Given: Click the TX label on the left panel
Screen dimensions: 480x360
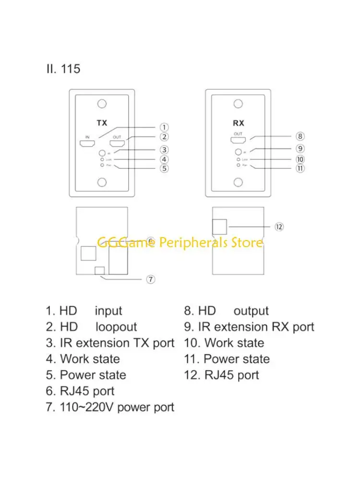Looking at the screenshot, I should pyautogui.click(x=101, y=123).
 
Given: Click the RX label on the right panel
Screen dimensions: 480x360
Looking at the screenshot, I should pyautogui.click(x=239, y=123).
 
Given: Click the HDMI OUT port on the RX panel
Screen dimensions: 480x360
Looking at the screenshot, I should pyautogui.click(x=239, y=141).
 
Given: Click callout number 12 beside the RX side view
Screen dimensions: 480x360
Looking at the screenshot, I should pyautogui.click(x=279, y=227).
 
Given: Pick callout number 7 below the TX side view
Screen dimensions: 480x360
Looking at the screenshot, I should pyautogui.click(x=150, y=279).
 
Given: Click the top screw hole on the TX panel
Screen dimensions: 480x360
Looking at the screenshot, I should pyautogui.click(x=101, y=104).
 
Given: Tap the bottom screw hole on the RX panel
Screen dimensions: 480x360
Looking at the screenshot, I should pyautogui.click(x=239, y=182).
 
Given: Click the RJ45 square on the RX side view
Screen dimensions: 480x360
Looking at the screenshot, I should pyautogui.click(x=220, y=226).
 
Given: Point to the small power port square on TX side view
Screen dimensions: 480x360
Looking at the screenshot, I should pyautogui.click(x=100, y=271).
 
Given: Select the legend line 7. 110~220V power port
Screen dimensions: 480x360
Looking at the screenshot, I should pyautogui.click(x=110, y=408).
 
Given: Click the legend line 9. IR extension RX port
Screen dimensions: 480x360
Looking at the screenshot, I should pyautogui.click(x=249, y=327).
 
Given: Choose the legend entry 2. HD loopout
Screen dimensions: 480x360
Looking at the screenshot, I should pyautogui.click(x=91, y=327).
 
